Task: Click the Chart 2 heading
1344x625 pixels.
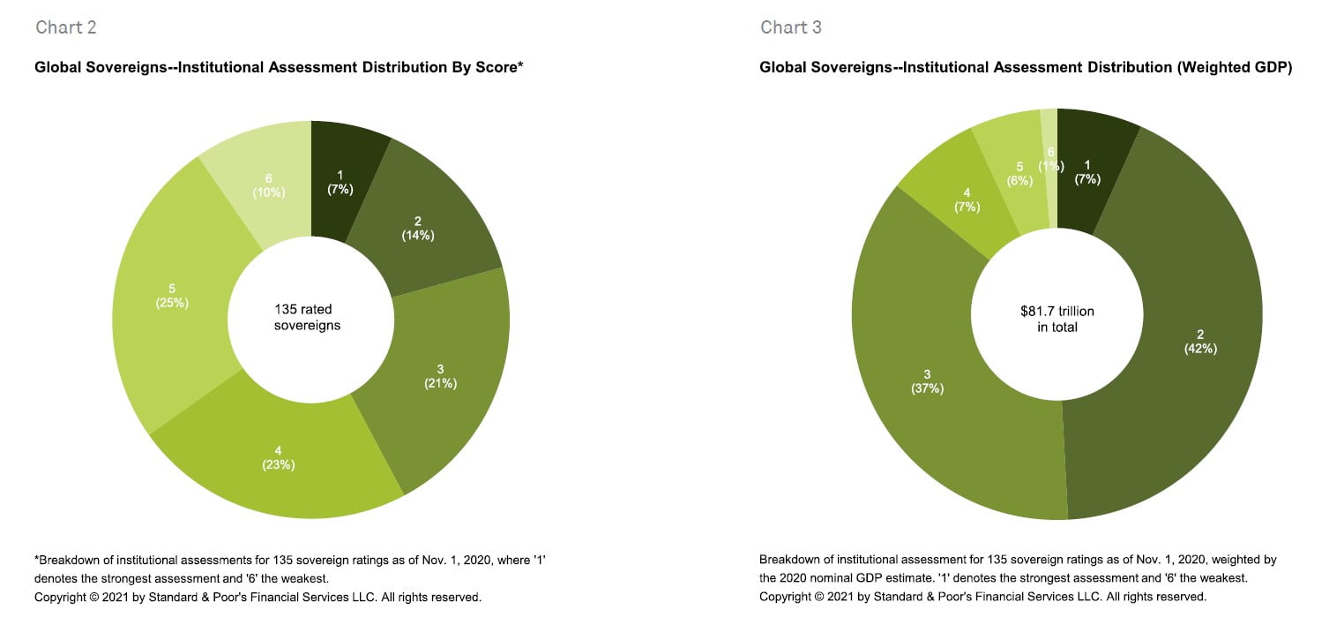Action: (x=66, y=27)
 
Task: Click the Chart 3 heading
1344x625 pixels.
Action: (x=791, y=27)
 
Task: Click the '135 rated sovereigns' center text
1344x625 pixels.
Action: (x=310, y=318)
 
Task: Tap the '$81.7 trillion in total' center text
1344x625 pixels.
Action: (x=1058, y=319)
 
